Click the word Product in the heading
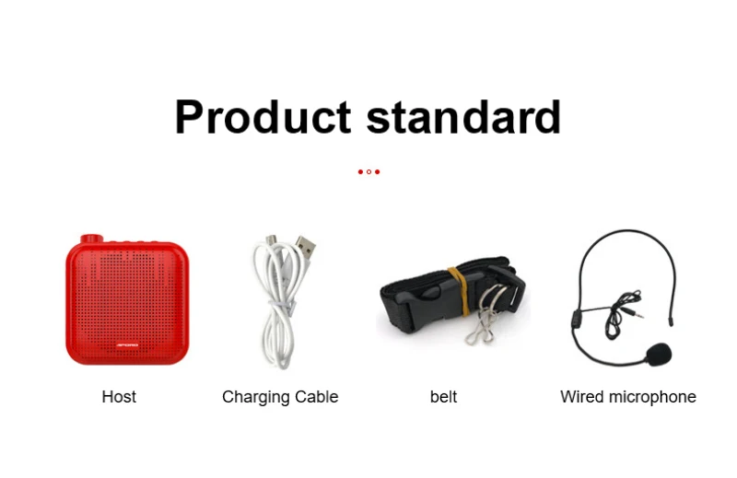pyautogui.click(x=263, y=117)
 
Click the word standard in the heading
pyautogui.click(x=463, y=117)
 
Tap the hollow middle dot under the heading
pyautogui.click(x=369, y=172)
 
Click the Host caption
pyautogui.click(x=119, y=397)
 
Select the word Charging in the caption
pyautogui.click(x=252, y=398)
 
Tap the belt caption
pyautogui.click(x=443, y=397)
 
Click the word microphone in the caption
pyautogui.click(x=652, y=398)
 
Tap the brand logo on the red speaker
pyautogui.click(x=127, y=345)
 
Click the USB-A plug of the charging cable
pyautogui.click(x=306, y=246)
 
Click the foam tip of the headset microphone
pyautogui.click(x=658, y=354)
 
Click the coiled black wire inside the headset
pyautogui.click(x=619, y=312)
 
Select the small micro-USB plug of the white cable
pyautogui.click(x=271, y=240)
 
